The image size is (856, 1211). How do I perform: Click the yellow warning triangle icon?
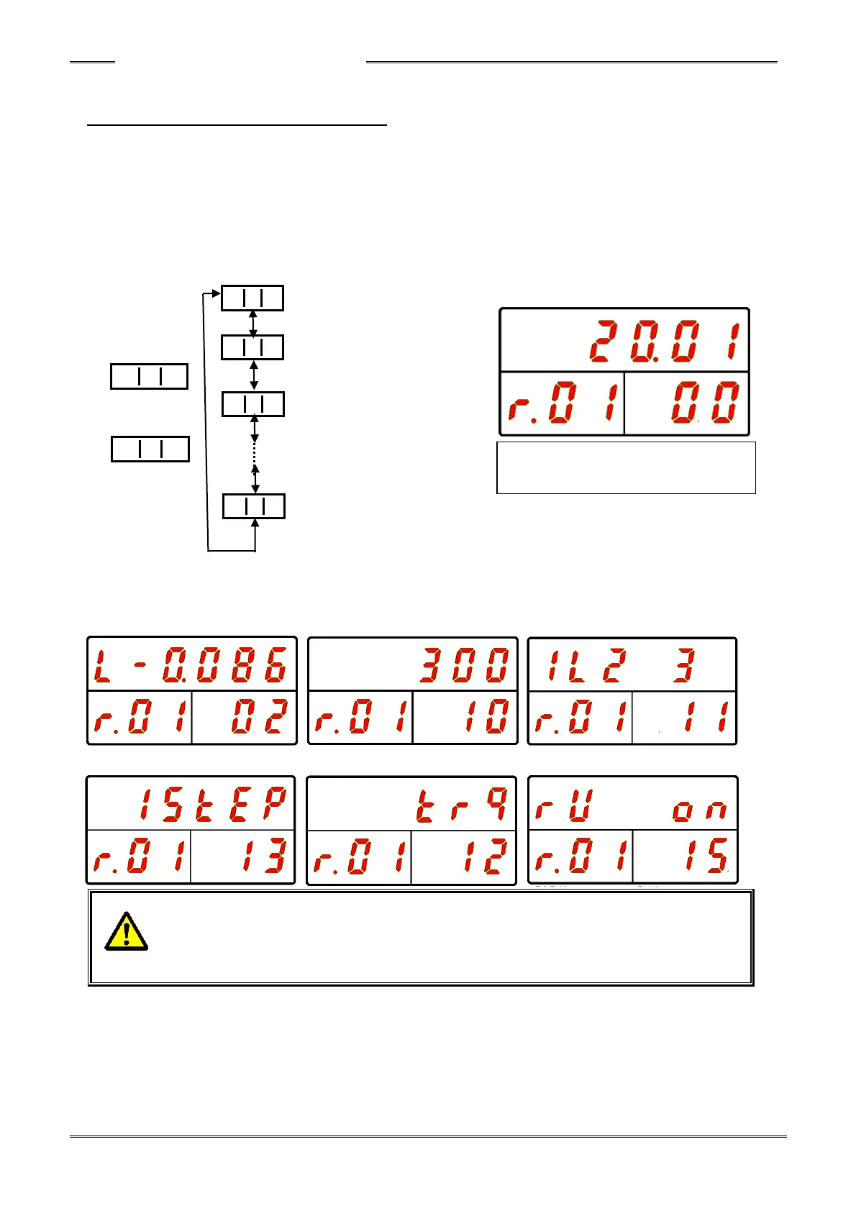click(126, 932)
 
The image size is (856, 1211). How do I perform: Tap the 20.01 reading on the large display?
click(664, 342)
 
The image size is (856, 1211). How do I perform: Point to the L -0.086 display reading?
click(191, 664)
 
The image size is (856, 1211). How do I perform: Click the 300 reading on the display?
click(464, 665)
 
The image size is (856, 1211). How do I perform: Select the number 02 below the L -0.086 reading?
click(258, 718)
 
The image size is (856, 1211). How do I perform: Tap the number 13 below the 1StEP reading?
click(258, 856)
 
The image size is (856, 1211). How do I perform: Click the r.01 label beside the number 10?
click(360, 718)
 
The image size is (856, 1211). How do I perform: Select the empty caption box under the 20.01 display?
click(626, 467)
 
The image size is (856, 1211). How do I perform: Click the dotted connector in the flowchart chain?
click(255, 454)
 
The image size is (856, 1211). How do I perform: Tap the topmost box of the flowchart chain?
click(252, 298)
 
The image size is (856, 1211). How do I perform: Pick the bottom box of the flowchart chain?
click(253, 506)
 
